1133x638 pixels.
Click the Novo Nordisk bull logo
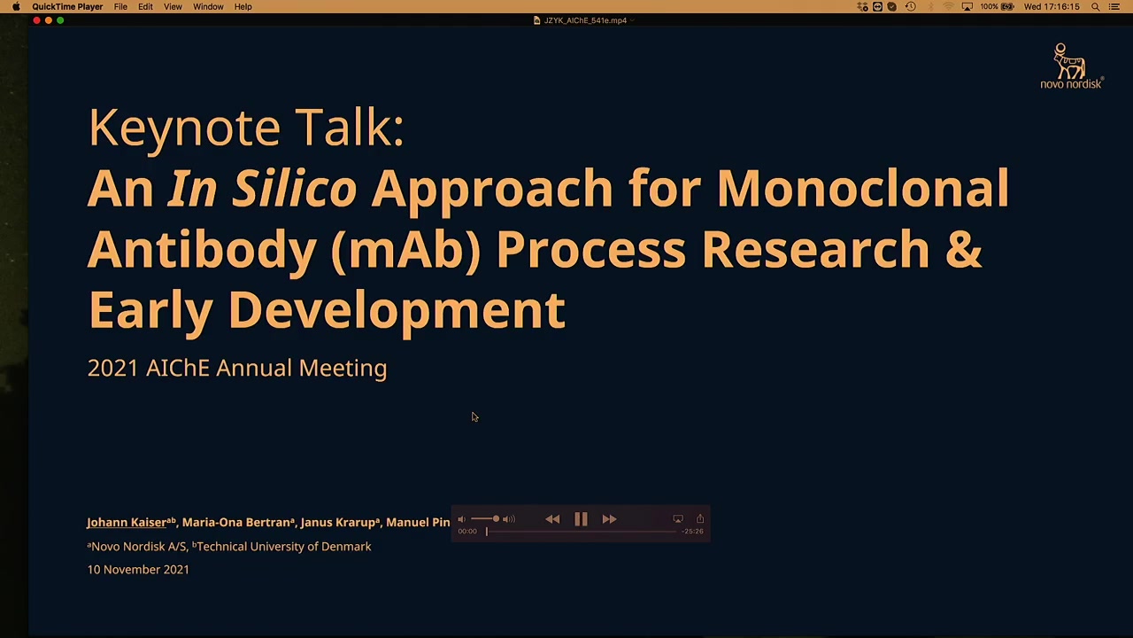(x=1067, y=61)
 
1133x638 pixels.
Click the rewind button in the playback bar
(x=552, y=519)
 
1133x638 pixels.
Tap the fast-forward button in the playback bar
(x=610, y=519)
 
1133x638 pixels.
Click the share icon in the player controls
(x=700, y=518)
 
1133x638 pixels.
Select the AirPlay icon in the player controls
(x=678, y=519)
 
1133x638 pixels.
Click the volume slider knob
(x=497, y=518)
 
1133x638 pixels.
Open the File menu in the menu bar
(x=120, y=6)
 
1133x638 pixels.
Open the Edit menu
(x=145, y=6)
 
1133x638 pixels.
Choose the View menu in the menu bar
(x=173, y=6)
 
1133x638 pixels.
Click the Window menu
(x=208, y=6)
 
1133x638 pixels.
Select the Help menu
(x=243, y=6)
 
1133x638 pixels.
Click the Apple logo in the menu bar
(x=16, y=6)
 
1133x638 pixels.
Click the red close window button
(x=36, y=20)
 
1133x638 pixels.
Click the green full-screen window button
(x=60, y=20)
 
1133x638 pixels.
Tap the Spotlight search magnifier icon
(x=1096, y=6)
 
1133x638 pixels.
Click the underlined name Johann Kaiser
(x=127, y=523)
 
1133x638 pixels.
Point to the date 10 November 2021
(x=138, y=570)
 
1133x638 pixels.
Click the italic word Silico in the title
(x=295, y=188)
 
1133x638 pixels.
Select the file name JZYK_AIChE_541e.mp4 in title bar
(x=585, y=20)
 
